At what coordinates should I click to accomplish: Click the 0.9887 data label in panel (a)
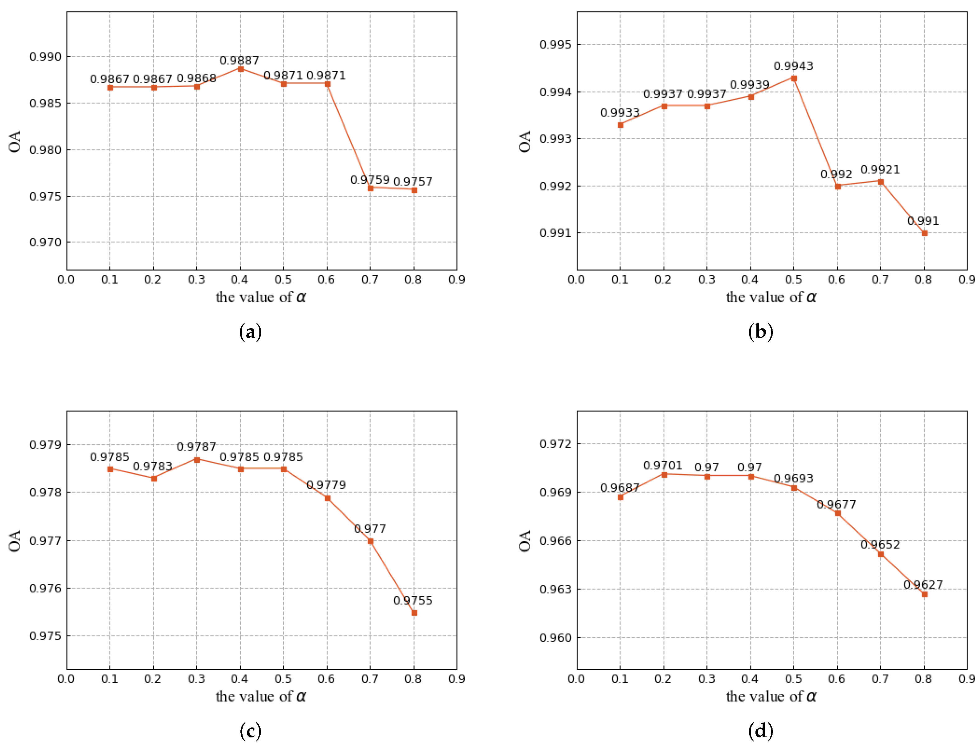click(239, 60)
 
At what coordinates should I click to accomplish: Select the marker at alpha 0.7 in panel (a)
click(370, 188)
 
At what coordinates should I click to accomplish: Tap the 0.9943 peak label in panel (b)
click(793, 66)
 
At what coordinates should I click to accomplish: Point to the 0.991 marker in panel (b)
click(924, 233)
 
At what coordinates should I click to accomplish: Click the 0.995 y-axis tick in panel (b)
click(555, 45)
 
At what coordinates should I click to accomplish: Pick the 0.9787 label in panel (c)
click(196, 447)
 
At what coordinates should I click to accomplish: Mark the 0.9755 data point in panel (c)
click(414, 613)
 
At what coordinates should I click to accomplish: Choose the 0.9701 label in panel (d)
click(662, 465)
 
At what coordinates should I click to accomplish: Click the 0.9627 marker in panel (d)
click(924, 594)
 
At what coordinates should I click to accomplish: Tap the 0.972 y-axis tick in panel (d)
click(555, 444)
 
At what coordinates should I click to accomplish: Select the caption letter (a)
click(250, 332)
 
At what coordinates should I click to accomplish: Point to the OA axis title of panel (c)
click(15, 541)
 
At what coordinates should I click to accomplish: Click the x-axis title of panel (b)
click(771, 297)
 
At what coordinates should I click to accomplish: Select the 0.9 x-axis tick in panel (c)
click(457, 679)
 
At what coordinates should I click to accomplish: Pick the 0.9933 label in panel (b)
click(620, 113)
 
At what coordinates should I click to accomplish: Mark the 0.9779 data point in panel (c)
click(327, 498)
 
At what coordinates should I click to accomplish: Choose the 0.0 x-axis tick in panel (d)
click(576, 679)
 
